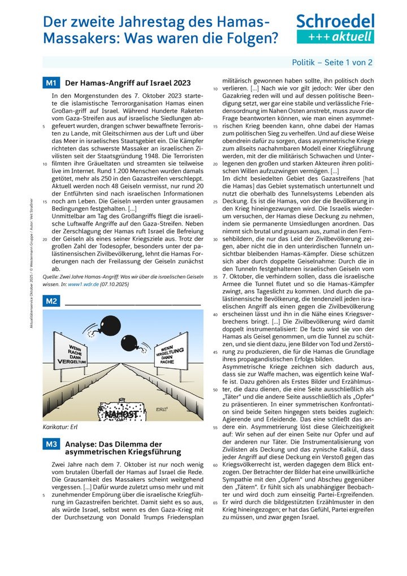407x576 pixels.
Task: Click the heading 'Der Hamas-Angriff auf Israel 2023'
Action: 128,83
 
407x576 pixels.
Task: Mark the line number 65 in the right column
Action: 215,501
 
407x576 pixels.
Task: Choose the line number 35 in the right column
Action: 215,277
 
